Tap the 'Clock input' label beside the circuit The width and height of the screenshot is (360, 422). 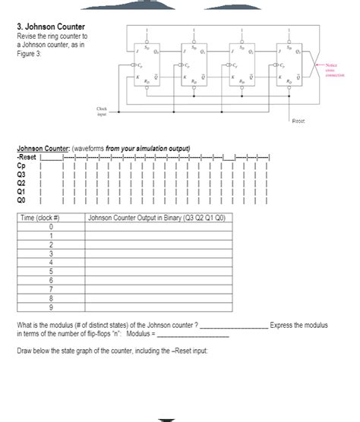coord(100,112)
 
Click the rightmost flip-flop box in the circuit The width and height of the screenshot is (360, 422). coord(292,66)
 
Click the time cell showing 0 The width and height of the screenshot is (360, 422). coord(49,227)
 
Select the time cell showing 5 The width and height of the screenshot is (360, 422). coord(49,271)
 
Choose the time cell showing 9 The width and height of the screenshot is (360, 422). coord(49,306)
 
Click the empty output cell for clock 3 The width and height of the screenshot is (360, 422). coord(160,254)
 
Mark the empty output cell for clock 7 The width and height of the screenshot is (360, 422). coord(160,288)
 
